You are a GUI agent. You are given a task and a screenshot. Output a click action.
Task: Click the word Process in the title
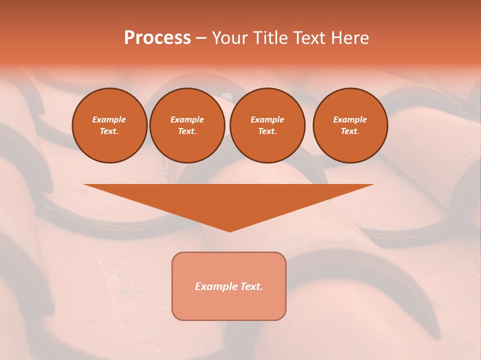[x=157, y=38]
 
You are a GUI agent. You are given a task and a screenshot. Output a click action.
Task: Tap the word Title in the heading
[x=270, y=38]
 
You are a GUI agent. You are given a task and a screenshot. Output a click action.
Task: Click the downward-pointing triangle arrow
[x=229, y=200]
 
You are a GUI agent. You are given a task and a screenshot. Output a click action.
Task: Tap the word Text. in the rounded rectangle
[x=251, y=286]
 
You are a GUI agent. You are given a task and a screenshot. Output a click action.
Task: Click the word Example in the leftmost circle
[x=109, y=119]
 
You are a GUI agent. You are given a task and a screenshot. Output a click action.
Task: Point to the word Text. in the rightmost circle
[x=350, y=131]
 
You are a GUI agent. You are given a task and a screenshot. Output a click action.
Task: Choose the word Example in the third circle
[x=267, y=119]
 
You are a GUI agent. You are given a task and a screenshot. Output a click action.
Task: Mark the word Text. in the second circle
[x=187, y=131]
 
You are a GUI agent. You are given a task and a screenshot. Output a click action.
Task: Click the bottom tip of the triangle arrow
[x=229, y=230]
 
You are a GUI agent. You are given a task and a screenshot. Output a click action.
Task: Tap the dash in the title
[x=201, y=38]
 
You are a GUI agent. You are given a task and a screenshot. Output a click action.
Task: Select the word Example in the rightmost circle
[x=350, y=119]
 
